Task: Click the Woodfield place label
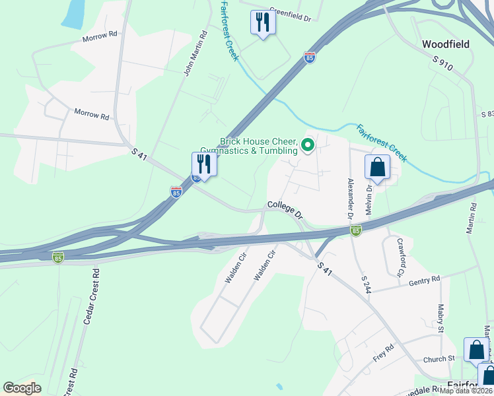tap(446, 44)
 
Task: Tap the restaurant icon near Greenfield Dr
tap(263, 22)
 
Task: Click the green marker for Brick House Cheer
tap(307, 144)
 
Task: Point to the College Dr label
tap(285, 211)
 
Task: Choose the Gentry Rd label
tap(424, 281)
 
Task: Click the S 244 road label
tap(365, 284)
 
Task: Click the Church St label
tap(440, 358)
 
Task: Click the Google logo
tap(22, 388)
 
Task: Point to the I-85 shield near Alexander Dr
tap(356, 230)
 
